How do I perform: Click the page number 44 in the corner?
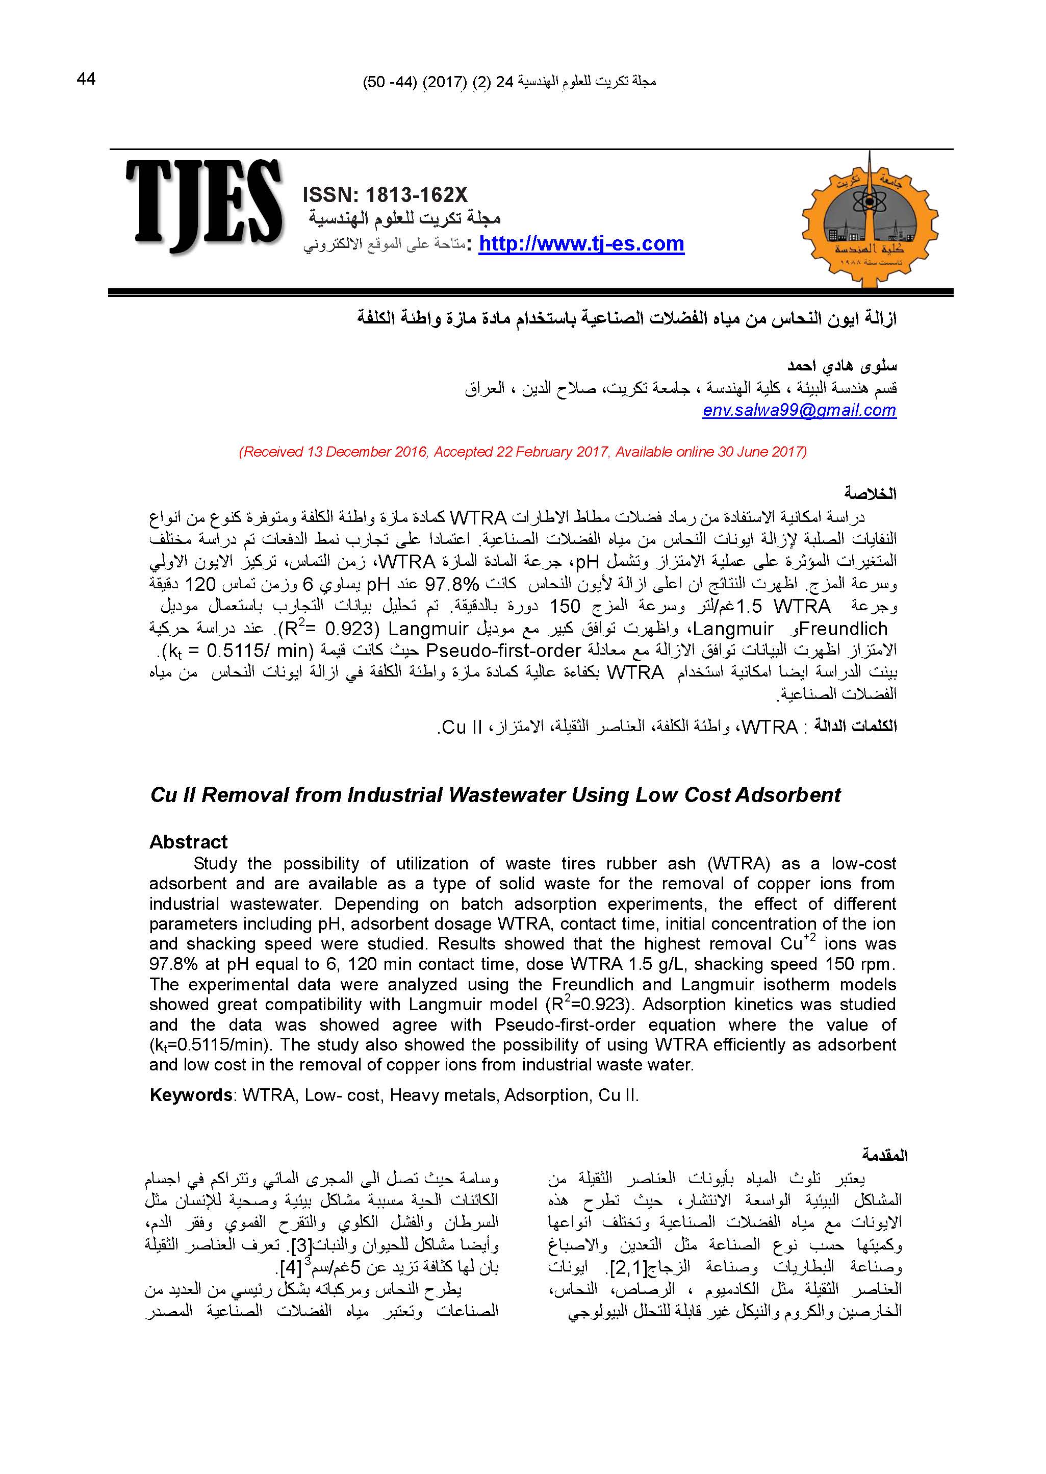tap(86, 79)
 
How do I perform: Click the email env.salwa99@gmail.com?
tap(799, 410)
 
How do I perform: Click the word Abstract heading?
tap(188, 842)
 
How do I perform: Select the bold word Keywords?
tap(191, 1096)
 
